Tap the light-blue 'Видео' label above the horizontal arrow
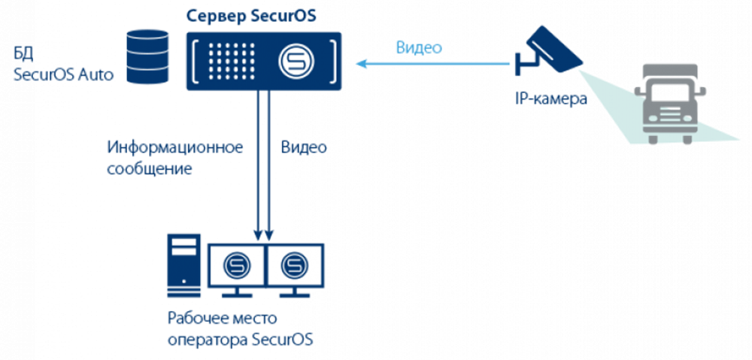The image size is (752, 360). tap(418, 47)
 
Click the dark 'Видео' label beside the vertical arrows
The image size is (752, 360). tap(304, 147)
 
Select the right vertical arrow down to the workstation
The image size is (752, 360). tap(269, 165)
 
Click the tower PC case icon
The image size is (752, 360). tap(184, 267)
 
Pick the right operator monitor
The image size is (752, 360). tap(294, 265)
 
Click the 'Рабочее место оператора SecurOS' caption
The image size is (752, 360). tap(240, 329)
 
